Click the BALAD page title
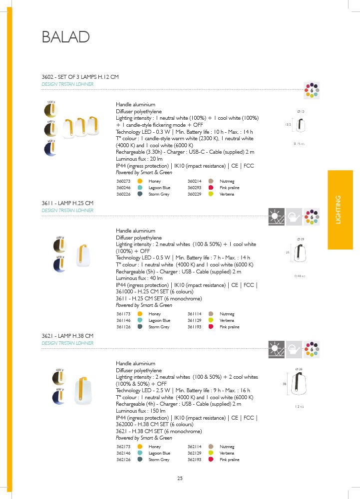click(66, 37)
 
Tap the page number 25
click(180, 479)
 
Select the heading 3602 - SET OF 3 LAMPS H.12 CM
click(80, 77)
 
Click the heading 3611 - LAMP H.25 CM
click(68, 204)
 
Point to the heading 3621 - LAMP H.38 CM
click(68, 336)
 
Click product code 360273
click(123, 181)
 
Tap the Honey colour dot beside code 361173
click(140, 314)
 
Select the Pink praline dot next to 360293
click(211, 188)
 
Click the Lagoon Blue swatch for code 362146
click(140, 453)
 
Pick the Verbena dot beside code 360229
click(211, 194)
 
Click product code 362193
click(194, 460)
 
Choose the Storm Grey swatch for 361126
click(140, 327)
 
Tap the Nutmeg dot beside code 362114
click(211, 447)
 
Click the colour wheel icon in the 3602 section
click(312, 90)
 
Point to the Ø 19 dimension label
click(301, 240)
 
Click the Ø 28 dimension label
click(299, 369)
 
